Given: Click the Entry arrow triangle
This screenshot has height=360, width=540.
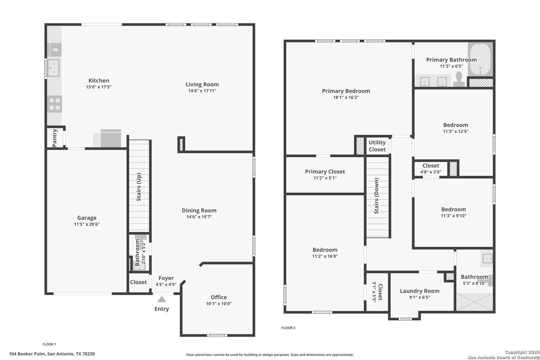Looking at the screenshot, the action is pyautogui.click(x=162, y=299).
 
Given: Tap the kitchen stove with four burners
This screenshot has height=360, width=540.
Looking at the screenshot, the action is pyautogui.click(x=54, y=104).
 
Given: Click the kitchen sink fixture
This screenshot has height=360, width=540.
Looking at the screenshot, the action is pyautogui.click(x=53, y=68).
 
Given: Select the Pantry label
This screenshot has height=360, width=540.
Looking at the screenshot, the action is pyautogui.click(x=55, y=138).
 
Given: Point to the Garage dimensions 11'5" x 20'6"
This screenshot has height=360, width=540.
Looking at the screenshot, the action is pyautogui.click(x=87, y=224).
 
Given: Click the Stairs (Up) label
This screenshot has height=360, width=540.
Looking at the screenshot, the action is pyautogui.click(x=139, y=187).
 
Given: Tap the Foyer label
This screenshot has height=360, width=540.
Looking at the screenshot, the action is pyautogui.click(x=166, y=278).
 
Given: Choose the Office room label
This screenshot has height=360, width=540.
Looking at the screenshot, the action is pyautogui.click(x=219, y=297).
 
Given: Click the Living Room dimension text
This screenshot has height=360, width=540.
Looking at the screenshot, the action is pyautogui.click(x=202, y=91).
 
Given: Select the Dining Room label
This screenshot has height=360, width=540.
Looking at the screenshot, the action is pyautogui.click(x=199, y=211).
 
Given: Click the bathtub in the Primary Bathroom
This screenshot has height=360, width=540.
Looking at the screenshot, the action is pyautogui.click(x=480, y=59).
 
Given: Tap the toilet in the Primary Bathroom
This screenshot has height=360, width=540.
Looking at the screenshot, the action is pyautogui.click(x=459, y=79).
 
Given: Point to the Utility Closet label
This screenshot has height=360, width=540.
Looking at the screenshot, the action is pyautogui.click(x=377, y=146).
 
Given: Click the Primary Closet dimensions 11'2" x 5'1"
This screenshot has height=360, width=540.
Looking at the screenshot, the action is pyautogui.click(x=325, y=178).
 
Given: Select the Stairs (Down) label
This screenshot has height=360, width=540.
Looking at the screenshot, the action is pyautogui.click(x=377, y=196).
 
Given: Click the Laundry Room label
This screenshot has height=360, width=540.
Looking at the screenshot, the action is pyautogui.click(x=420, y=291).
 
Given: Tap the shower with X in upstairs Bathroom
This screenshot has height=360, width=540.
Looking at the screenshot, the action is pyautogui.click(x=474, y=302).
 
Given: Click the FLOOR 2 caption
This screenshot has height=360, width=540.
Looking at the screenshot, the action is pyautogui.click(x=288, y=328).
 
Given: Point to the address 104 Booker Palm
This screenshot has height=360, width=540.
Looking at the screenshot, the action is pyautogui.click(x=27, y=354).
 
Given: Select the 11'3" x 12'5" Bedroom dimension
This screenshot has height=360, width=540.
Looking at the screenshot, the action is pyautogui.click(x=456, y=131).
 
